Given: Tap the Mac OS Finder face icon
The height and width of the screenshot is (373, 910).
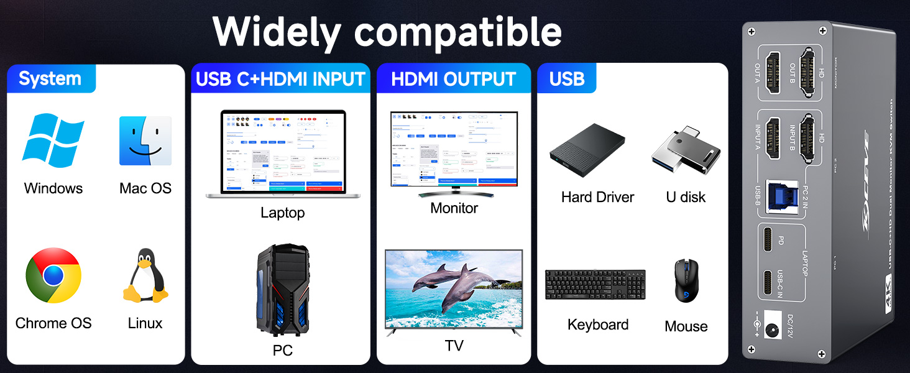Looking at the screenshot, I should click(145, 140).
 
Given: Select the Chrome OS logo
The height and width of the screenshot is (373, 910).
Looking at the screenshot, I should click(53, 275).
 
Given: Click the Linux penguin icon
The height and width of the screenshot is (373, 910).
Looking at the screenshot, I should click(145, 276).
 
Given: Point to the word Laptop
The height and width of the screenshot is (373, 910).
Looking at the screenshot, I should click(282, 213).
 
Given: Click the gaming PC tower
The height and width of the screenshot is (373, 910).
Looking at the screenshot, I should click(282, 289).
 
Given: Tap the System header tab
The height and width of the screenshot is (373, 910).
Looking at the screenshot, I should click(50, 79).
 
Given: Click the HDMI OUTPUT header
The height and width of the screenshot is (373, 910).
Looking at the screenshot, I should click(454, 79).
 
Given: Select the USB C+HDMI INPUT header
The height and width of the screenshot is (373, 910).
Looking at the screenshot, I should click(280, 79).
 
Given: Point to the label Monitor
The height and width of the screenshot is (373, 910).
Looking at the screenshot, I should click(454, 208).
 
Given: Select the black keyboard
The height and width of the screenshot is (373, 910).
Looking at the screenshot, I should click(595, 285).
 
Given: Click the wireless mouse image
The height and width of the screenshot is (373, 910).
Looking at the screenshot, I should click(686, 281).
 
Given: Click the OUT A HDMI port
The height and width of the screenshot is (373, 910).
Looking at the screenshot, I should click(773, 72).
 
